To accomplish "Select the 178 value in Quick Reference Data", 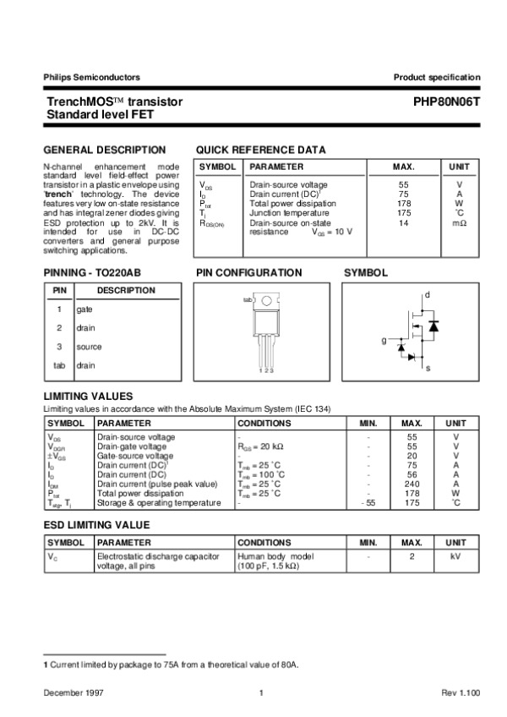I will tap(403, 204).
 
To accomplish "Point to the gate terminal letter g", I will tap(383, 340).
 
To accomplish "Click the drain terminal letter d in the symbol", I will tap(427, 294).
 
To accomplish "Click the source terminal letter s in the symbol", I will tap(428, 369).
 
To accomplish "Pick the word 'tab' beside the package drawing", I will tap(248, 300).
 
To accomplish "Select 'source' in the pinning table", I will tap(89, 347).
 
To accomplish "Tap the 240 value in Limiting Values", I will tap(412, 484).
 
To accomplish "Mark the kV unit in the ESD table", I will tap(455, 556).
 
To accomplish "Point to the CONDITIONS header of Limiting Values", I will tap(265, 423).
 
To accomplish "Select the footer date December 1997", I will tap(71, 693).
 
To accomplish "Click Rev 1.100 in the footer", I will tap(461, 693).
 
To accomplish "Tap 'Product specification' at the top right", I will tap(437, 77).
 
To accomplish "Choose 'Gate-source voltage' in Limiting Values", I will tap(135, 456).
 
